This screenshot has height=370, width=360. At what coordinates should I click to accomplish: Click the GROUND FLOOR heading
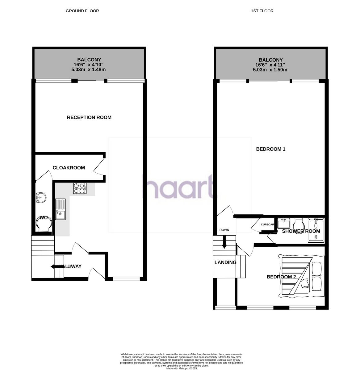pyautogui.click(x=82, y=11)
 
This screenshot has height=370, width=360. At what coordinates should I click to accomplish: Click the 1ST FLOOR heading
pyautogui.click(x=262, y=11)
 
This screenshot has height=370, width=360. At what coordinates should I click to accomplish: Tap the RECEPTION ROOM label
pyautogui.click(x=89, y=117)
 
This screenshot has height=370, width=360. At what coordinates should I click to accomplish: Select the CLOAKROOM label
pyautogui.click(x=69, y=168)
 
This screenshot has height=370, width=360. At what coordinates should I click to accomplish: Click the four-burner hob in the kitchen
pyautogui.click(x=80, y=188)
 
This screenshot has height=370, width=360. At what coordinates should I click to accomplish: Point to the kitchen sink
pyautogui.click(x=61, y=209)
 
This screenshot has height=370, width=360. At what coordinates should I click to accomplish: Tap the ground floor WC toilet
pyautogui.click(x=44, y=224)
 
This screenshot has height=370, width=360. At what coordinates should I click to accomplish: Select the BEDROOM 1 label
pyautogui.click(x=271, y=149)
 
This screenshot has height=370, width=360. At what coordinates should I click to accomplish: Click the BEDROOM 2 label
pyautogui.click(x=281, y=277)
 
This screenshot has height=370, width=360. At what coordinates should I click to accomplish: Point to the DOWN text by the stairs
pyautogui.click(x=224, y=230)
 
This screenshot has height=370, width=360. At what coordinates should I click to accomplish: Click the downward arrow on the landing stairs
pyautogui.click(x=224, y=242)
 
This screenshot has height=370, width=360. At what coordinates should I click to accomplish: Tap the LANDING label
pyautogui.click(x=225, y=263)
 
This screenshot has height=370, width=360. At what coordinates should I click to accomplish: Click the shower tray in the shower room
pyautogui.click(x=316, y=230)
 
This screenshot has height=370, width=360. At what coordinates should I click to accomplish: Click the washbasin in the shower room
pyautogui.click(x=283, y=223)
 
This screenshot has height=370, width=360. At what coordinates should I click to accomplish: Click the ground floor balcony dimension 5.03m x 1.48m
pyautogui.click(x=89, y=70)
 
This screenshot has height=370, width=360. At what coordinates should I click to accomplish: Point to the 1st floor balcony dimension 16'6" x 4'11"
pyautogui.click(x=270, y=65)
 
